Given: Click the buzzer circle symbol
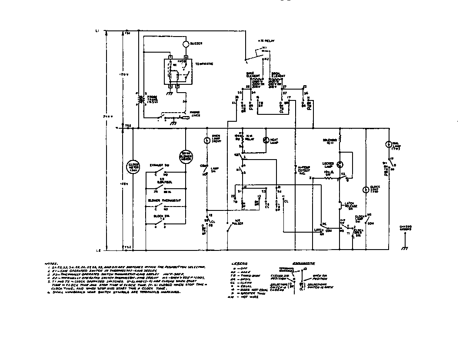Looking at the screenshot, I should click(x=186, y=44).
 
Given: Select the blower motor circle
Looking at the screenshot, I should click(x=186, y=157).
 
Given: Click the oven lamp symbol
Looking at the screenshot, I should click(x=207, y=140).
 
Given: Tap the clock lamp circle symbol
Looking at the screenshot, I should click(x=366, y=190).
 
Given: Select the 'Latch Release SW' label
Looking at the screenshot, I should click(x=350, y=204).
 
